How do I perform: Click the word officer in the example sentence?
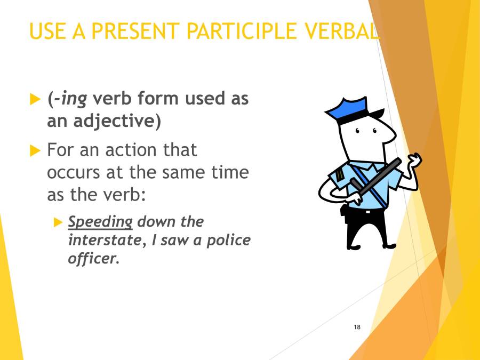[x=91, y=259]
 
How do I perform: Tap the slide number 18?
[x=357, y=326]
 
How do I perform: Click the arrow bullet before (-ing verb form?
[x=35, y=99]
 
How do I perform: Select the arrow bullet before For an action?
[x=35, y=151]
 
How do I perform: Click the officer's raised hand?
[x=414, y=161]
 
